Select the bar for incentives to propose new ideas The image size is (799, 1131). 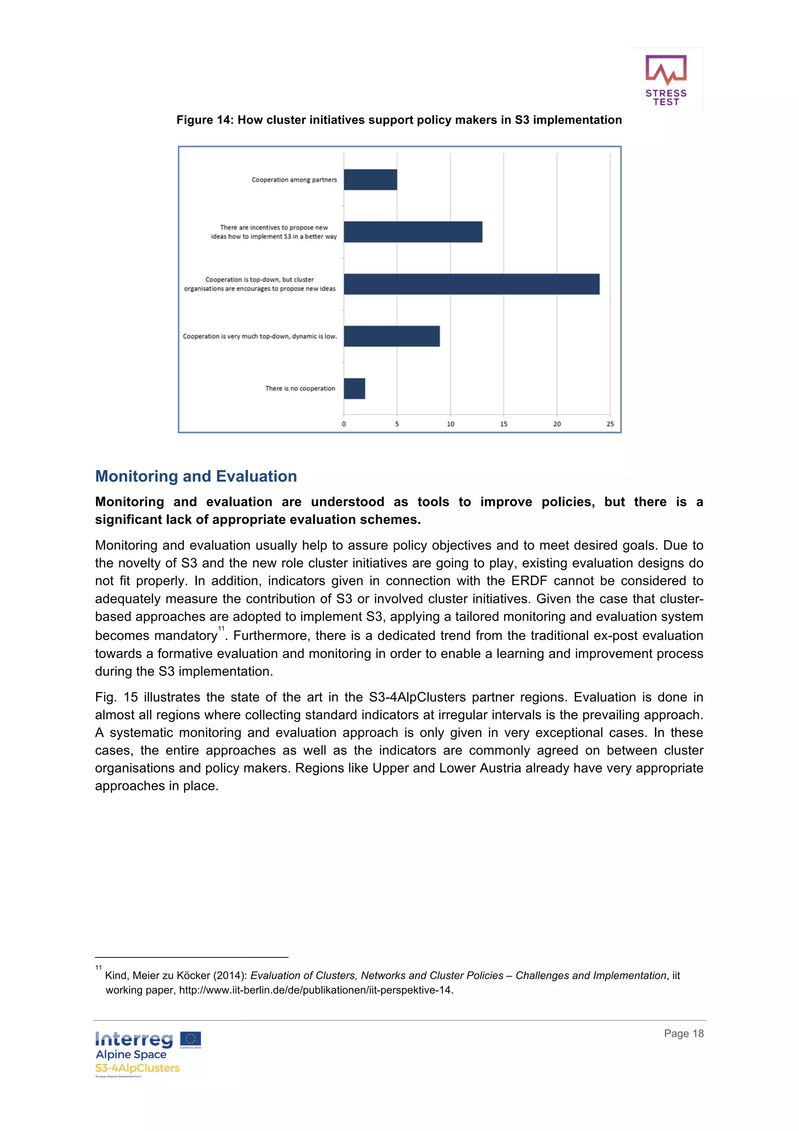(x=412, y=231)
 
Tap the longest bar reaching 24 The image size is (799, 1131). (x=471, y=284)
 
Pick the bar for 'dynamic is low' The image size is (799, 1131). (x=391, y=336)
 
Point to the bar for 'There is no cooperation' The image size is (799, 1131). (x=355, y=388)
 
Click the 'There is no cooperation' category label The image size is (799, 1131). (x=300, y=388)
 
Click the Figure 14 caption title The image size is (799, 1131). (x=399, y=120)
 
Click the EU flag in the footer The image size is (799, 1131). (x=190, y=1039)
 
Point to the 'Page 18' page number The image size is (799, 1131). (x=683, y=1033)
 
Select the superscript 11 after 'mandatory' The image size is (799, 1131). (x=221, y=629)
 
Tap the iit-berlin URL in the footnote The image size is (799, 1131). (x=316, y=990)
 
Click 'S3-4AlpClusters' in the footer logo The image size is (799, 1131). (x=137, y=1068)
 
